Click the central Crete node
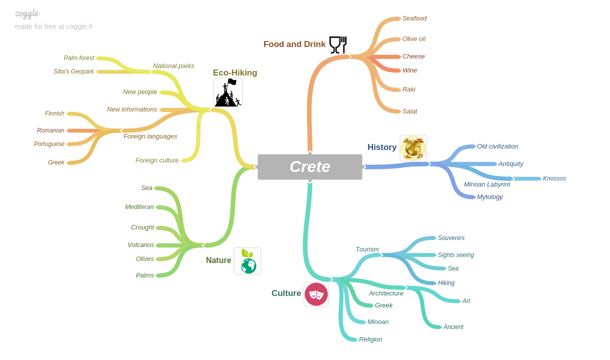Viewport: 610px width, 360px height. tap(310, 167)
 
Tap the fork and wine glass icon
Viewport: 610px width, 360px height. tap(338, 44)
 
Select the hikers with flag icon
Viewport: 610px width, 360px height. tap(228, 92)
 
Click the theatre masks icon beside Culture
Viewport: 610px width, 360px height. tap(316, 294)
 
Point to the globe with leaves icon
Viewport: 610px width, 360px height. tap(247, 261)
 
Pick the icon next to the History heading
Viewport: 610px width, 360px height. tap(413, 148)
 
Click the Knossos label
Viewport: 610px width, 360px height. tap(554, 178)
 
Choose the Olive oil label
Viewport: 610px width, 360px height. tap(414, 39)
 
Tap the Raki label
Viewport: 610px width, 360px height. tap(409, 89)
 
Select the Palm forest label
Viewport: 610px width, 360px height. tap(79, 58)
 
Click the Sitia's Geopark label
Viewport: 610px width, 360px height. tap(73, 71)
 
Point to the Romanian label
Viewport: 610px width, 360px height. tap(50, 130)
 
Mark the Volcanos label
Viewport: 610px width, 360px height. tap(140, 245)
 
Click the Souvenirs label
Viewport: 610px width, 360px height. tap(451, 238)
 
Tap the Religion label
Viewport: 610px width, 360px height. tap(370, 339)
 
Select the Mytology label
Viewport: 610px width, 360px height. tap(490, 197)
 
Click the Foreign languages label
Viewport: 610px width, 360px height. tap(150, 136)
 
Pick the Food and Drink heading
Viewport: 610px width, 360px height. tap(294, 44)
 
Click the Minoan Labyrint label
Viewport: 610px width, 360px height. tap(487, 184)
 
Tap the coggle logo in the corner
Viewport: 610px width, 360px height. tap(27, 13)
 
